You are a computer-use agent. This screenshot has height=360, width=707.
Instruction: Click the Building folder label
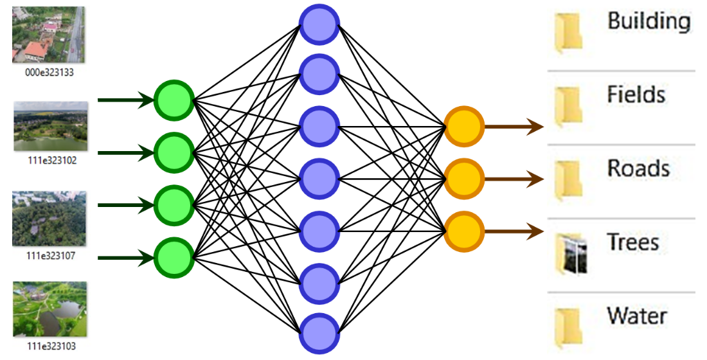pyautogui.click(x=649, y=21)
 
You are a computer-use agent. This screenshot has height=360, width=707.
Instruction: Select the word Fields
pyautogui.click(x=636, y=95)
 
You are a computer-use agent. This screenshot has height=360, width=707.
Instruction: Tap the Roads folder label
pyautogui.click(x=638, y=169)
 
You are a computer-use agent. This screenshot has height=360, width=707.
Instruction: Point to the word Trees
pyautogui.click(x=633, y=243)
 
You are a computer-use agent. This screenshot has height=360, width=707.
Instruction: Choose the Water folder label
pyautogui.click(x=637, y=316)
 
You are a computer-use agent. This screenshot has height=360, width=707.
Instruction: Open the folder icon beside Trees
pyautogui.click(x=569, y=253)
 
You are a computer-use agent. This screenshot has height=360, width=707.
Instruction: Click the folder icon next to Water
pyautogui.click(x=568, y=327)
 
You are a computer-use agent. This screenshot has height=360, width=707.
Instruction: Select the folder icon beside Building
pyautogui.click(x=568, y=32)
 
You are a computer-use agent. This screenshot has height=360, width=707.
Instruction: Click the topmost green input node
pyautogui.click(x=174, y=100)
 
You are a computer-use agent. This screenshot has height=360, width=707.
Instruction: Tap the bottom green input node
pyautogui.click(x=174, y=257)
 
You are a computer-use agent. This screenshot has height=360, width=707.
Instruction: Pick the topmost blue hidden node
pyautogui.click(x=319, y=25)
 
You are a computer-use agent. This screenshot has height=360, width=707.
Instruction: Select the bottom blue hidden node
pyautogui.click(x=319, y=333)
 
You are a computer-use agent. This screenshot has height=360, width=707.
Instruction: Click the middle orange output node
pyautogui.click(x=463, y=178)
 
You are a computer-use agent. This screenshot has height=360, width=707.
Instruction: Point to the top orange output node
pyautogui.click(x=463, y=126)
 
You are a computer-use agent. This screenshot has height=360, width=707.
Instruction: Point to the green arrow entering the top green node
pyautogui.click(x=125, y=100)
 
